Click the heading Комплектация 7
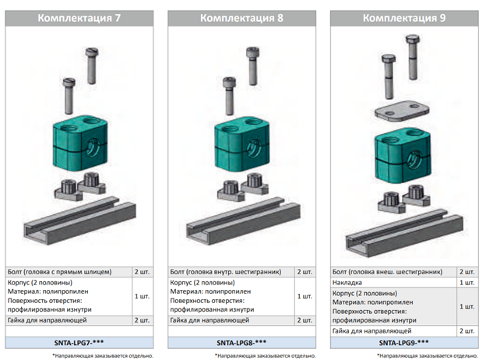click(79, 18)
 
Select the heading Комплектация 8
click(241, 18)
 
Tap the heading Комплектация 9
click(404, 18)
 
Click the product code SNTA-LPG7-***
click(79, 343)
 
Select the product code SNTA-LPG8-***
click(241, 343)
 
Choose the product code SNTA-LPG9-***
click(404, 343)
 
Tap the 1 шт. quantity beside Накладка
click(467, 283)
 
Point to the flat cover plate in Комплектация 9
click(402, 110)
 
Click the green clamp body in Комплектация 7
click(80, 143)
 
